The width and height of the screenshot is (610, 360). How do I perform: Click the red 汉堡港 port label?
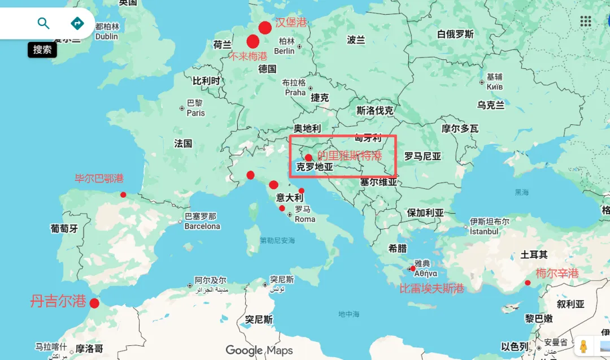(x=291, y=23)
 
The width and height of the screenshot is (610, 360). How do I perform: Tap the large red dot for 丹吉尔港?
(x=94, y=303)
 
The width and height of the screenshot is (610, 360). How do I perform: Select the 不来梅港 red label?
(x=249, y=57)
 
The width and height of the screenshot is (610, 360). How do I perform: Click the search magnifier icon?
(x=43, y=23)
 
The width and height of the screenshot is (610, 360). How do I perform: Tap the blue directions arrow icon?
(x=77, y=23)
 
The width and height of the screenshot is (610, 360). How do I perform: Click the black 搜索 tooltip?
(x=42, y=50)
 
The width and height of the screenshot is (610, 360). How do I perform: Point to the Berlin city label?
(x=284, y=51)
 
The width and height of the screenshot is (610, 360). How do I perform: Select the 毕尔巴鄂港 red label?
(x=99, y=179)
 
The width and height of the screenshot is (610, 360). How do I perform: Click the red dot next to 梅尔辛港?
(x=528, y=283)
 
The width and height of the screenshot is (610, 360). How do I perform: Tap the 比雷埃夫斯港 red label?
(x=432, y=288)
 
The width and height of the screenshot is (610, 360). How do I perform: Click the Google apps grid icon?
(x=586, y=21)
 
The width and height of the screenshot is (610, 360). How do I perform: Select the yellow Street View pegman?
(x=583, y=346)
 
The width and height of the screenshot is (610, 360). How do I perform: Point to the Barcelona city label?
(x=202, y=226)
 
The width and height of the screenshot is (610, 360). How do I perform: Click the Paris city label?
(x=196, y=112)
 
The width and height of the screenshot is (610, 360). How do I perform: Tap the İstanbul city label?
(x=485, y=231)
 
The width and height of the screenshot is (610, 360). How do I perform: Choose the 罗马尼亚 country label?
(x=422, y=156)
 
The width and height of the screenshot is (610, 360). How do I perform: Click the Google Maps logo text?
(x=259, y=350)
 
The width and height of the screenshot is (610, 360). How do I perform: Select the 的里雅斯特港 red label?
(x=349, y=155)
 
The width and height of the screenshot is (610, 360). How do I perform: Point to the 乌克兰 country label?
(x=491, y=105)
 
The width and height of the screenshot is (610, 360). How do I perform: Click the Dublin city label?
(x=107, y=36)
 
